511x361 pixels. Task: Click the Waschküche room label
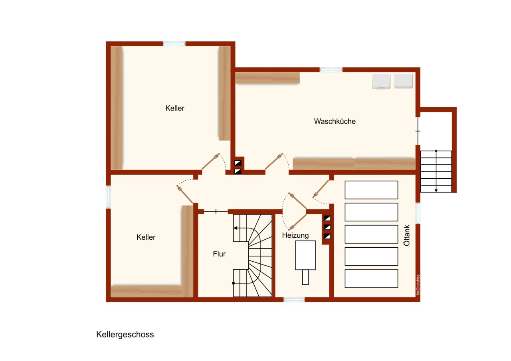[x=335, y=121]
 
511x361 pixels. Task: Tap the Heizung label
[x=295, y=235]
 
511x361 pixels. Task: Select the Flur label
[x=219, y=254]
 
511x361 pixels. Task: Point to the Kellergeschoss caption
[x=125, y=335]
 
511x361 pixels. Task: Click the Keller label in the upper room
[x=175, y=108]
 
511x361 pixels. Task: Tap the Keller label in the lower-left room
[x=146, y=237]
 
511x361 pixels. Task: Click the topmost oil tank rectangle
[x=371, y=190]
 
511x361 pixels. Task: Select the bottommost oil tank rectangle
[x=371, y=278]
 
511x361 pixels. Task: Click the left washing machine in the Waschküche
[x=381, y=81]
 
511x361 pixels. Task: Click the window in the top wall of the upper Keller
[x=174, y=43]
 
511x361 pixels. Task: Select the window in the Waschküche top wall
[x=331, y=70]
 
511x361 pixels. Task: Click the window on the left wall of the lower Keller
[x=108, y=197]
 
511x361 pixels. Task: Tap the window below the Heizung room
[x=294, y=299]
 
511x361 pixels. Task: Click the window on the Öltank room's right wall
[x=418, y=213]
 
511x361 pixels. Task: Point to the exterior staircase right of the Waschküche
[x=436, y=172]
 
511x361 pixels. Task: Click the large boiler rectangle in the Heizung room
[x=305, y=255]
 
